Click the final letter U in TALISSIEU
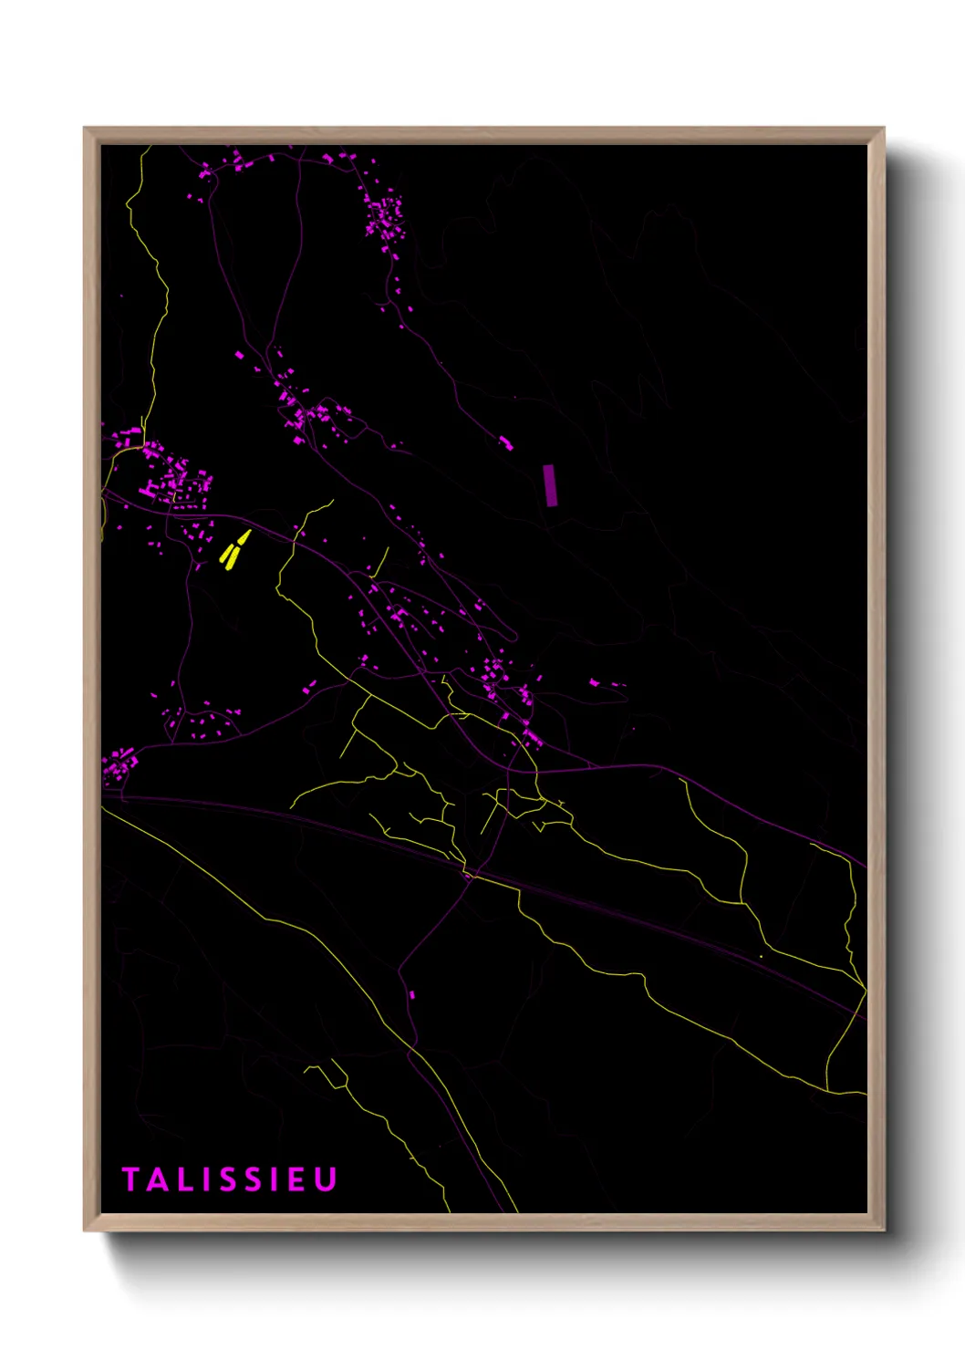[325, 1179]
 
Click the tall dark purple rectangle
[550, 484]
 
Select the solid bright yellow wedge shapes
[233, 550]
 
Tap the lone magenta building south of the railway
[412, 994]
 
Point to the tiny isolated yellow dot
[761, 956]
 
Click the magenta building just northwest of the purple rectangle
[505, 443]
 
